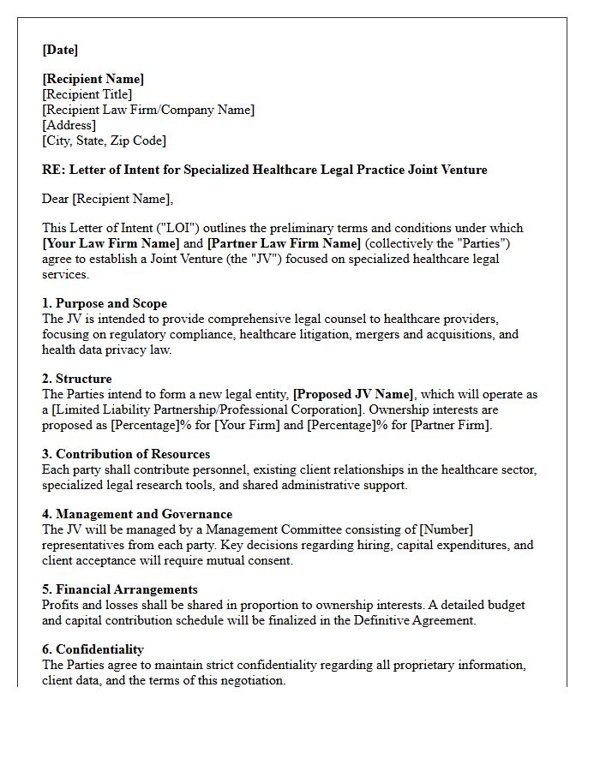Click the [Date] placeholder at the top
point(60,50)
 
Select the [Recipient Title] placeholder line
point(87,94)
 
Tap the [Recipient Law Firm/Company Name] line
point(148,110)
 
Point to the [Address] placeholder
point(69,125)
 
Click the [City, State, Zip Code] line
point(104,140)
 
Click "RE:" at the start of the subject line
point(53,170)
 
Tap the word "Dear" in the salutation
point(56,199)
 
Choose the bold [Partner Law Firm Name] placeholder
point(284,243)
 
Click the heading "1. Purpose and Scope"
point(105,303)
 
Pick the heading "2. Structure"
point(77,379)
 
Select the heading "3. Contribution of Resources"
point(126,454)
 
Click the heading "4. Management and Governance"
point(137,514)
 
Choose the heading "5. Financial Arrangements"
point(120,589)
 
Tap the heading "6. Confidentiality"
point(93,649)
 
